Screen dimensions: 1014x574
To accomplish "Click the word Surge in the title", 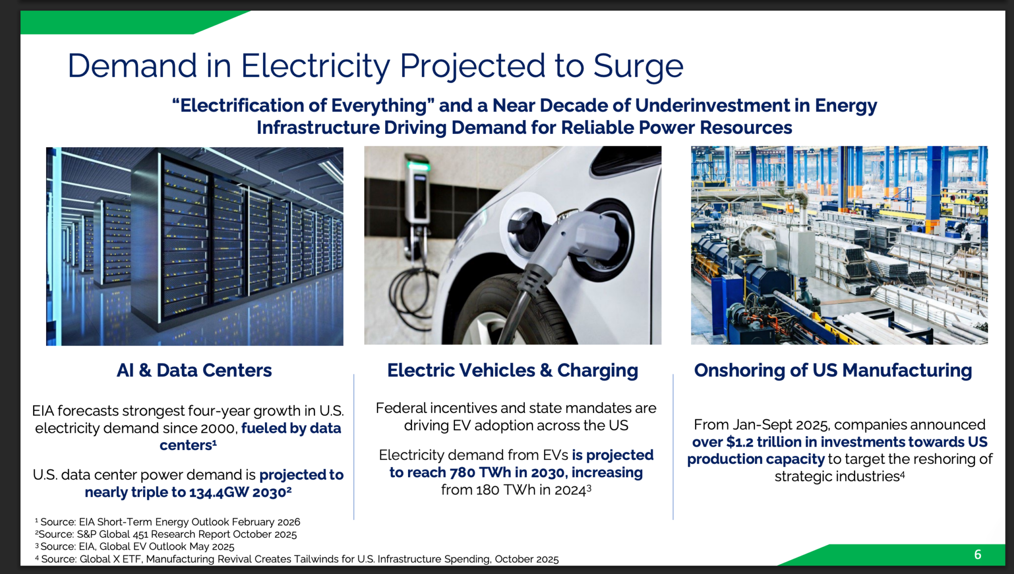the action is click(638, 67).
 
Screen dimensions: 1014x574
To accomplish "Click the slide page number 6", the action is click(977, 554).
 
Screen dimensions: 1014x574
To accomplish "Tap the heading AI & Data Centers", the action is click(194, 370).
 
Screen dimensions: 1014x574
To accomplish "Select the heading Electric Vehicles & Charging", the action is click(512, 371).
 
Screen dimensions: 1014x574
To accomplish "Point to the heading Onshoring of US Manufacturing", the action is click(833, 371).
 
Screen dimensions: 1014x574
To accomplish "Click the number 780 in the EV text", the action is click(462, 472).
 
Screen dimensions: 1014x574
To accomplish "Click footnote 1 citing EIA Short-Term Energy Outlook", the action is click(167, 522).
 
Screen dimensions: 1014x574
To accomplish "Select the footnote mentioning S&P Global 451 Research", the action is click(166, 534).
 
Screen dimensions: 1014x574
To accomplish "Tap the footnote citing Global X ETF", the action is click(297, 559).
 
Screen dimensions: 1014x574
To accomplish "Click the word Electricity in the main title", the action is click(315, 67).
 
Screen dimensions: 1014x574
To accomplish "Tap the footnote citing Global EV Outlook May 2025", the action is click(135, 547).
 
